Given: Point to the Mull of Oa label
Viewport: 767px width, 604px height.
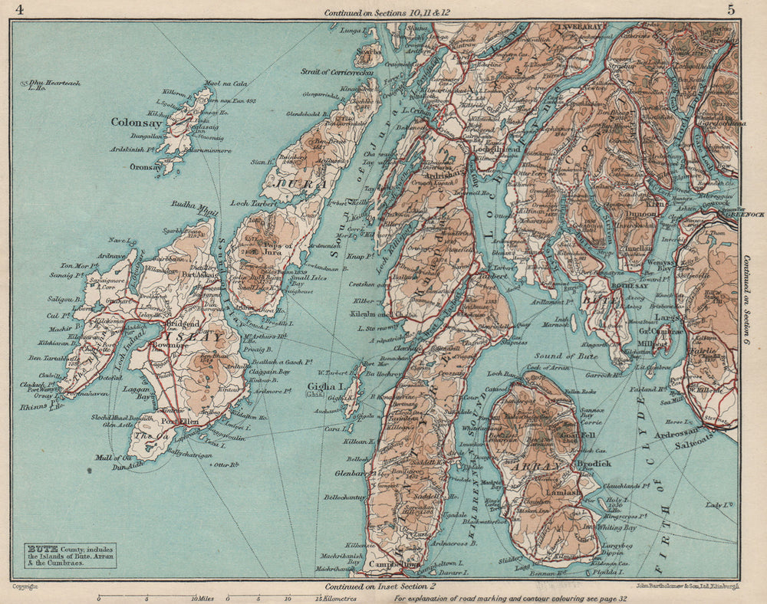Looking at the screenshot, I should pyautogui.click(x=109, y=458).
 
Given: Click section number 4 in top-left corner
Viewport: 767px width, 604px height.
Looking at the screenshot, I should pyautogui.click(x=18, y=9).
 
